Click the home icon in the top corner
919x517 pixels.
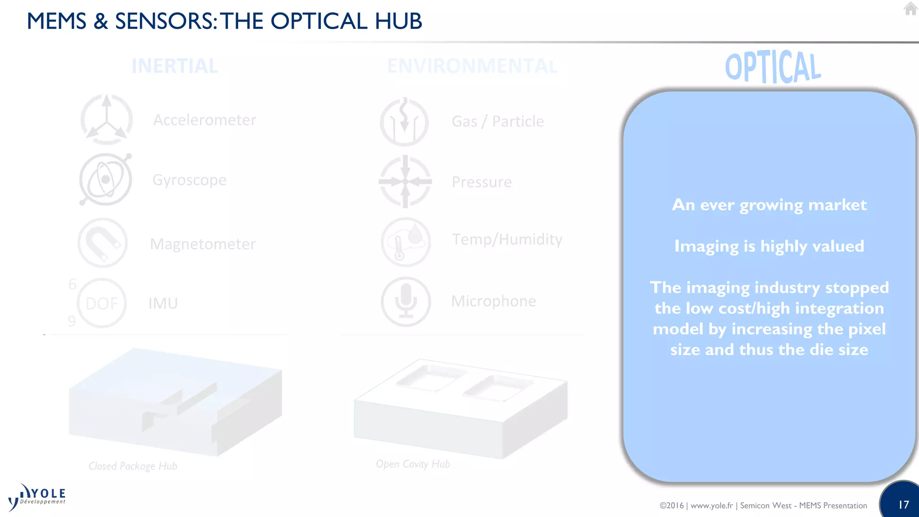[x=910, y=9]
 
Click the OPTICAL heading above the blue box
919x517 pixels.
[x=773, y=67]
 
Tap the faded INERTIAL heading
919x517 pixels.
[x=175, y=66]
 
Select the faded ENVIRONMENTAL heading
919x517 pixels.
[x=472, y=66]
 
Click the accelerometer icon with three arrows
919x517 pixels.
[x=106, y=120]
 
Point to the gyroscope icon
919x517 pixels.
[x=105, y=180]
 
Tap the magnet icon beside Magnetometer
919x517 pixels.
[x=103, y=243]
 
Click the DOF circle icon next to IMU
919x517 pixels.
[x=102, y=303]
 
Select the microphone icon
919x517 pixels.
[x=406, y=302]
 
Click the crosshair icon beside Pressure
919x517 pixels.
[x=405, y=182]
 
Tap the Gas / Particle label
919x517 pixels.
[x=498, y=122]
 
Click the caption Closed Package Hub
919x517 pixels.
[x=133, y=466]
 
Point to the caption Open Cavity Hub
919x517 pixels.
[x=413, y=464]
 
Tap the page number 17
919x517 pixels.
[x=903, y=505]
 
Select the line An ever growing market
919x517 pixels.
[x=769, y=205]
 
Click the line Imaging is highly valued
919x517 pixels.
[x=769, y=246]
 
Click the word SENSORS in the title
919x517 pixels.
[x=163, y=21]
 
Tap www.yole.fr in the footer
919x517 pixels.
[x=711, y=506]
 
